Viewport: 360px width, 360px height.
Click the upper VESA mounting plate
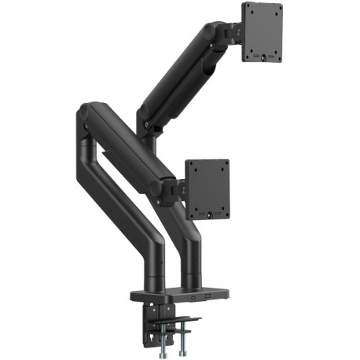262,31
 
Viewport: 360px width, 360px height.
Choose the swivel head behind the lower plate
178,189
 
